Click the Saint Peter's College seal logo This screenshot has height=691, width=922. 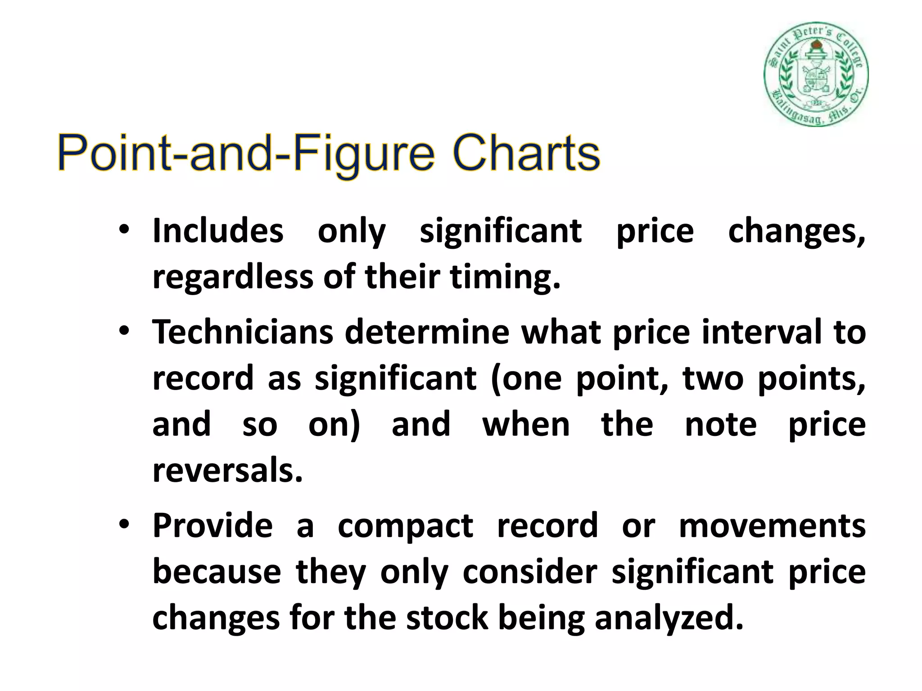click(x=816, y=74)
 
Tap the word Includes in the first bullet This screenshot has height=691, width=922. click(x=218, y=231)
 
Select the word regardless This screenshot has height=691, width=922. click(x=233, y=277)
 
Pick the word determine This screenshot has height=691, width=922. click(x=427, y=332)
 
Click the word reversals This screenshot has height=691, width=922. click(x=227, y=471)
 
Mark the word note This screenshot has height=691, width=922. click(x=720, y=425)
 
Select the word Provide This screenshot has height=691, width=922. click(x=212, y=525)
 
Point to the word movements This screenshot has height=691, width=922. click(x=772, y=525)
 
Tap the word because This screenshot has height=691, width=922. click(x=217, y=572)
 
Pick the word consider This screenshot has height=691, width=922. click(x=529, y=572)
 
